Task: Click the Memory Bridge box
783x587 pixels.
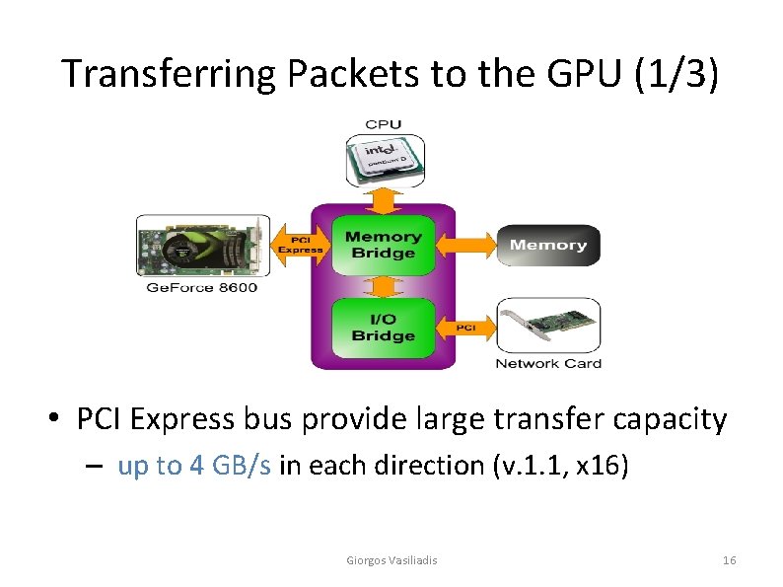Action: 383,244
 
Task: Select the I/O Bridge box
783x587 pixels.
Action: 383,327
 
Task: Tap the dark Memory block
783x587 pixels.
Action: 548,246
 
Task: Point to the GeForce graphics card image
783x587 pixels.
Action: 202,247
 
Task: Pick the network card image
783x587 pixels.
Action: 547,327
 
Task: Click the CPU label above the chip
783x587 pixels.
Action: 384,124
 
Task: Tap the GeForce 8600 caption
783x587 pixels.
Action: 202,287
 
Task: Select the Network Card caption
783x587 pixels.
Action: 548,363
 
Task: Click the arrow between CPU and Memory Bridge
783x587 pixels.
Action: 384,201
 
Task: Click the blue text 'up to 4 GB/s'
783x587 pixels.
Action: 194,465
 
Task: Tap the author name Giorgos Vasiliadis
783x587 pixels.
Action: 391,560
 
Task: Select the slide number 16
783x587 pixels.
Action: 729,560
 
